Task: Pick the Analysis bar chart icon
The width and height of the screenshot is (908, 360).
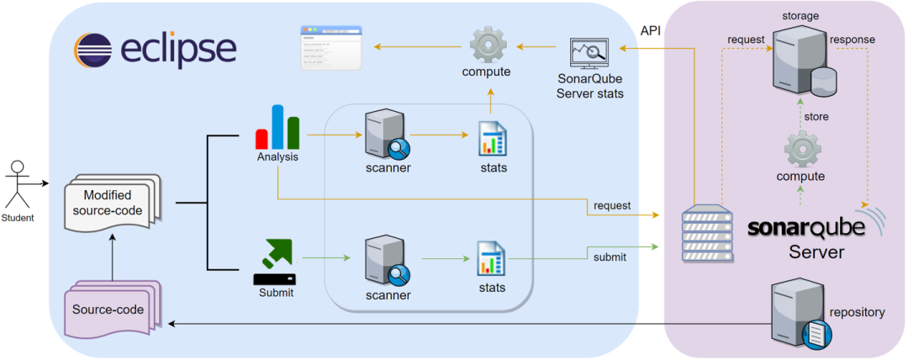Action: pos(277,128)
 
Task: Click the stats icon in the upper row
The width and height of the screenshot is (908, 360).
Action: pos(492,139)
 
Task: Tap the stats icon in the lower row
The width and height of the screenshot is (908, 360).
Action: pos(492,259)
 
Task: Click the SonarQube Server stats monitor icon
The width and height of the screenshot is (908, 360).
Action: pos(589,56)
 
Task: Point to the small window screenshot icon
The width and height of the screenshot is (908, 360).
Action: pos(331,48)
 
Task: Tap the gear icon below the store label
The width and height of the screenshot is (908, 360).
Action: pos(801,149)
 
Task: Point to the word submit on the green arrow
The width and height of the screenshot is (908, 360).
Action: pos(610,257)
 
